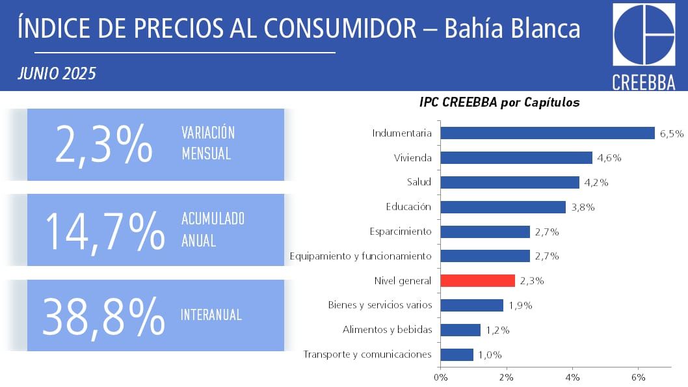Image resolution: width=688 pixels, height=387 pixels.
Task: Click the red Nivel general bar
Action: tap(477, 280)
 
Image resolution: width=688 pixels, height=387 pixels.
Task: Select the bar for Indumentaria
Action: tap(548, 133)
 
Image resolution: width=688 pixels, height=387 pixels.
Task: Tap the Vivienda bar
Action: tap(516, 157)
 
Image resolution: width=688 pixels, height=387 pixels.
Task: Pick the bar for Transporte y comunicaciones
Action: tap(457, 354)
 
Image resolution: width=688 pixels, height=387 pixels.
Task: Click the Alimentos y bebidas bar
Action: tap(460, 330)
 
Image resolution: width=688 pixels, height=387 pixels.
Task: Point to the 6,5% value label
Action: tap(672, 134)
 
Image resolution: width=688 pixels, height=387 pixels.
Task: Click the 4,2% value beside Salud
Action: tap(596, 183)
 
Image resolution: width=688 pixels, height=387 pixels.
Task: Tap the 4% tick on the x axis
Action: tap(572, 377)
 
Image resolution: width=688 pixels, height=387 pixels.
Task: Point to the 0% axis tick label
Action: tap(440, 377)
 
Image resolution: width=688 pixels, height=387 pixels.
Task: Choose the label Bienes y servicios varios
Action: tap(380, 305)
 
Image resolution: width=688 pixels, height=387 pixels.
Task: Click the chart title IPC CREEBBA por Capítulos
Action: tap(499, 103)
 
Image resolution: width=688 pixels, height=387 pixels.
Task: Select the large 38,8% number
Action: tap(104, 315)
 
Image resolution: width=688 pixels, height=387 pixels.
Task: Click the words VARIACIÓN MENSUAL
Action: tap(208, 143)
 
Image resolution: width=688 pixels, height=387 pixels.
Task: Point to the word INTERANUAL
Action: tap(211, 315)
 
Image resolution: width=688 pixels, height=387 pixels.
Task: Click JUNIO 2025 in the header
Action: tap(57, 73)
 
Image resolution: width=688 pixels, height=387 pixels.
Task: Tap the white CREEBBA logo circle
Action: tap(644, 35)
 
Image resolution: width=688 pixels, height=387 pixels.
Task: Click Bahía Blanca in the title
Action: tap(512, 29)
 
